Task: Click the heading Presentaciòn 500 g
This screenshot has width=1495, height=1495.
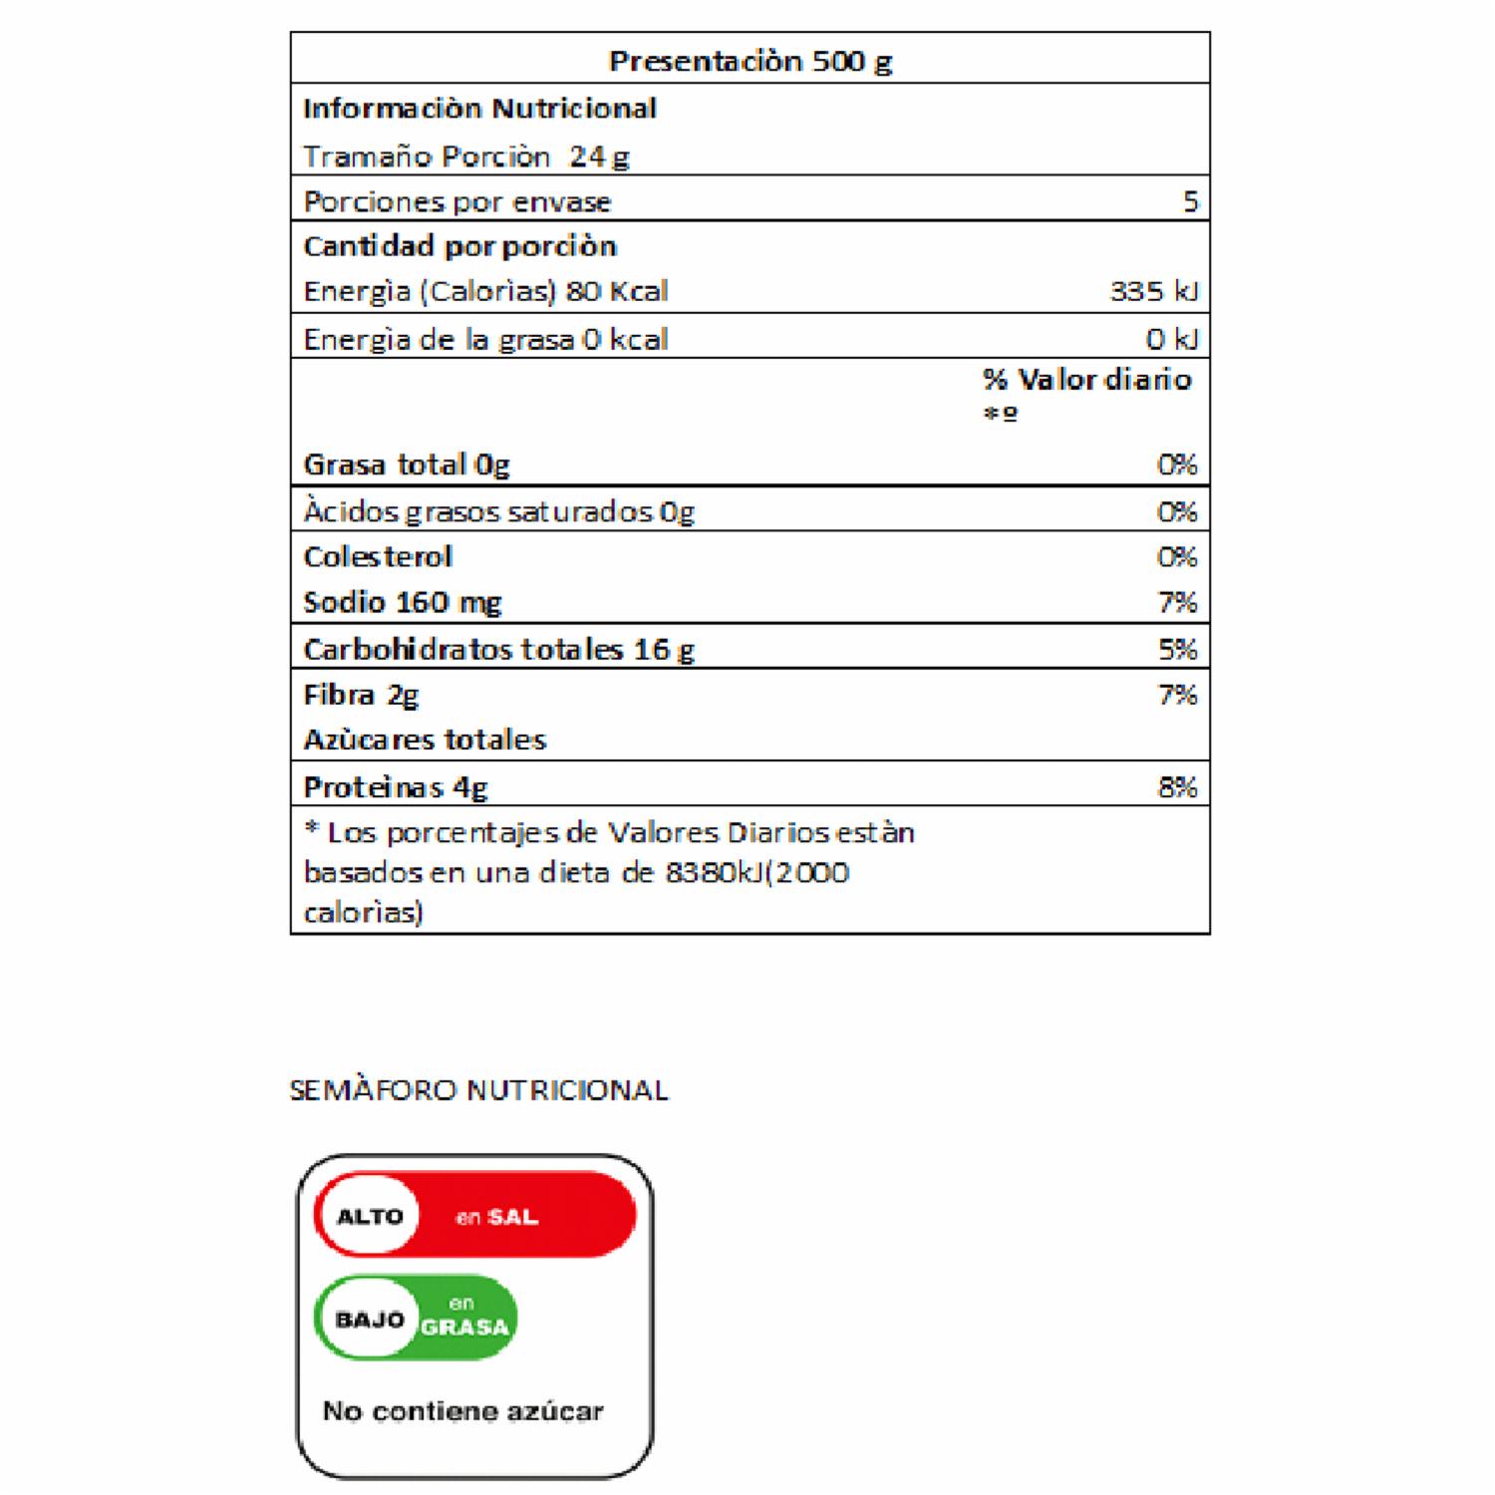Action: (749, 61)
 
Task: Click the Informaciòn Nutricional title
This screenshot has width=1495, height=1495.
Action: (479, 109)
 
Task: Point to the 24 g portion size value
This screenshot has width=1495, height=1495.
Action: (600, 156)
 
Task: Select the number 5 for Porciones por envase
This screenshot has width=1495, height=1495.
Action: (1190, 201)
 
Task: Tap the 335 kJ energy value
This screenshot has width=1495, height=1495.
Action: (1153, 291)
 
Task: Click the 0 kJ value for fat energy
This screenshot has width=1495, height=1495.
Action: (1171, 339)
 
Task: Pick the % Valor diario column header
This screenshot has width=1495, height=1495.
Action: (1086, 380)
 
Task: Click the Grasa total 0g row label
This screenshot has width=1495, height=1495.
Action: (406, 464)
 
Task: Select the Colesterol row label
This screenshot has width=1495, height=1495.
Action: (378, 556)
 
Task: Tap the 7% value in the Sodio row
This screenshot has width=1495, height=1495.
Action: (1177, 602)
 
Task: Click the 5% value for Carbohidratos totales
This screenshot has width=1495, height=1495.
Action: (1177, 649)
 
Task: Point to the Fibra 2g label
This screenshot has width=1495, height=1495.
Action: (361, 695)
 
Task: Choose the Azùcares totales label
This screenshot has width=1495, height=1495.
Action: (425, 740)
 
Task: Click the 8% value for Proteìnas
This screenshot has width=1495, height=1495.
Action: (1177, 787)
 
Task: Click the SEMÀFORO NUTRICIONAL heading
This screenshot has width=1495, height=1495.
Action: (478, 1090)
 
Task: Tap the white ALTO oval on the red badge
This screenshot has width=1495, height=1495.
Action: (370, 1216)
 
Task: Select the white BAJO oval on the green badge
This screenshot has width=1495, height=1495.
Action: (370, 1320)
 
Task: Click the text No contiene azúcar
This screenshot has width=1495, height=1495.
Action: (462, 1411)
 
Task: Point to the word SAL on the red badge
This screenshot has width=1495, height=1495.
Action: (512, 1217)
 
